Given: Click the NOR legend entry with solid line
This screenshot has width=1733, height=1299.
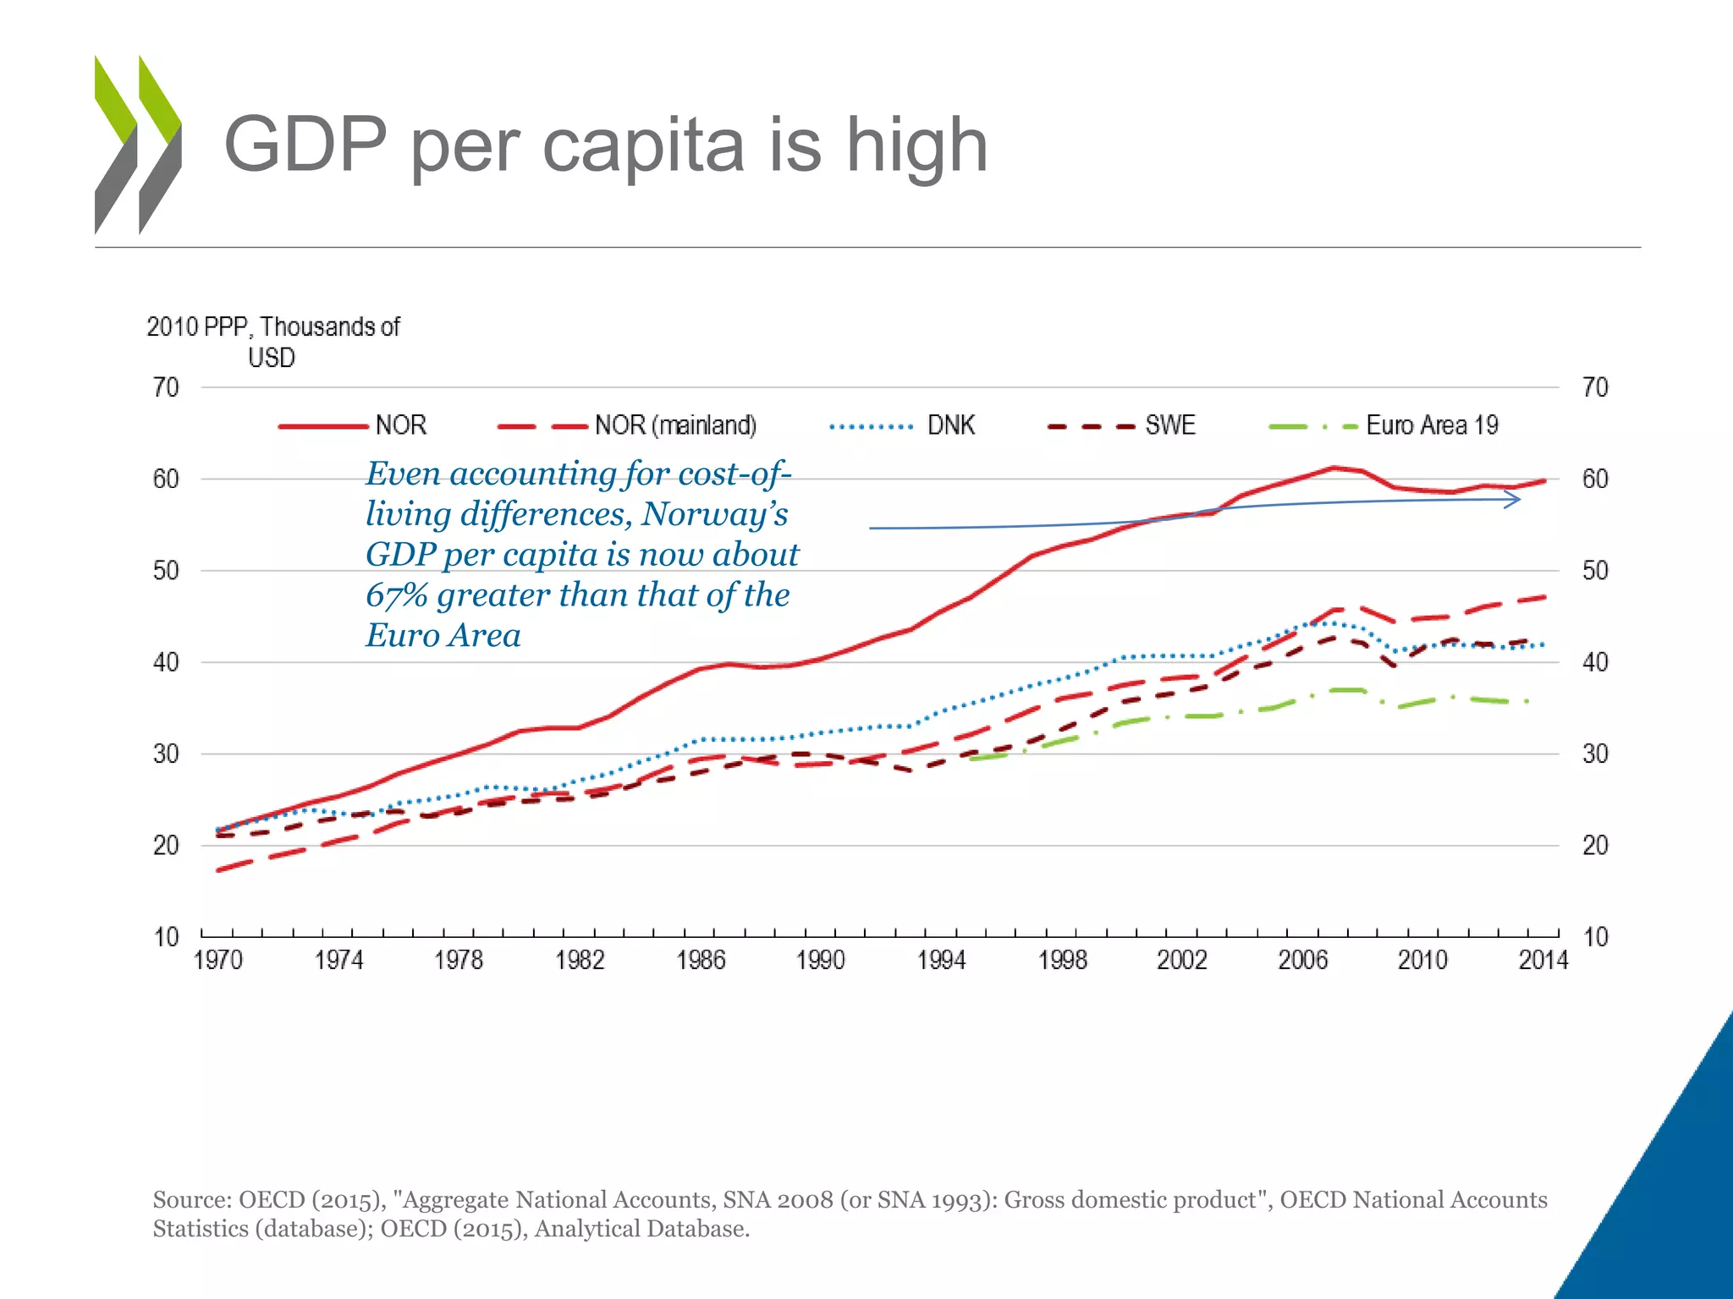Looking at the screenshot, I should [x=353, y=425].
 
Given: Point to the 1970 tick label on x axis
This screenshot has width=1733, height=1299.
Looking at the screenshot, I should [x=218, y=961].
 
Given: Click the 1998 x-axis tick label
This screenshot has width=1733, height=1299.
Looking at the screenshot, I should [x=1062, y=961].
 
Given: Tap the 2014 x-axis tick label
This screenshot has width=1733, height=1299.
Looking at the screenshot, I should [x=1543, y=961].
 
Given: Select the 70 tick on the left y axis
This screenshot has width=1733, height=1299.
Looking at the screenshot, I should [x=166, y=388].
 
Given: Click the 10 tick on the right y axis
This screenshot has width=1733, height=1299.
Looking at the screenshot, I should [x=1595, y=937].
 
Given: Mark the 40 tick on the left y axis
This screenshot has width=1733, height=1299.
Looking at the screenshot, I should [x=166, y=662].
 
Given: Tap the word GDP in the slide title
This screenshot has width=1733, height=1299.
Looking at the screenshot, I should [x=305, y=145].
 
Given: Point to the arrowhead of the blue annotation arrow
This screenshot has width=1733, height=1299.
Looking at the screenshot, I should [x=1515, y=500].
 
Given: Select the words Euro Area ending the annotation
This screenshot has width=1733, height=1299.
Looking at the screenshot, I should [x=443, y=636].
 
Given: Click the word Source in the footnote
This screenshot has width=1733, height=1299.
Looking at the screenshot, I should [x=191, y=1200].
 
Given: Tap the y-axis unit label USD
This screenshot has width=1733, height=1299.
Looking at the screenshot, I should [x=271, y=359].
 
